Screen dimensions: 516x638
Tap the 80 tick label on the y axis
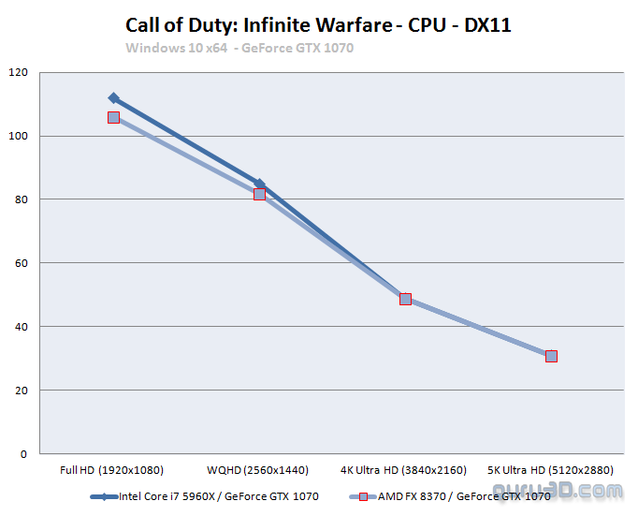[x=20, y=199]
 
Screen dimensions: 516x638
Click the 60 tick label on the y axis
[x=20, y=263]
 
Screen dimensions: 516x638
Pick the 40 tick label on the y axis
[x=20, y=327]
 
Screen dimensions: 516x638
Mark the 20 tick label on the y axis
[x=20, y=391]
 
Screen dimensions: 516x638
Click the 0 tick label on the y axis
[x=23, y=454]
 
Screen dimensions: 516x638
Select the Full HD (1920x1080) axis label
[x=113, y=470]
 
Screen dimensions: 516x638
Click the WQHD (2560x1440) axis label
[x=259, y=470]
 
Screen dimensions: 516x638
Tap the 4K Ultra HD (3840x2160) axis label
[x=405, y=470]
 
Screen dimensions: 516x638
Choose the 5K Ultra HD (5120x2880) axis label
[x=551, y=470]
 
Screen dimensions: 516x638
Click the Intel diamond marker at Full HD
[x=113, y=97]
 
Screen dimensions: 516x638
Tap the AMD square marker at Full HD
[x=113, y=117]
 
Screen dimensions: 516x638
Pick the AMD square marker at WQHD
[x=259, y=194]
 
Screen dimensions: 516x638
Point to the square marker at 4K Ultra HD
[x=405, y=299]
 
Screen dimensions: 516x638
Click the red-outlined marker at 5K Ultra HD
[x=551, y=356]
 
